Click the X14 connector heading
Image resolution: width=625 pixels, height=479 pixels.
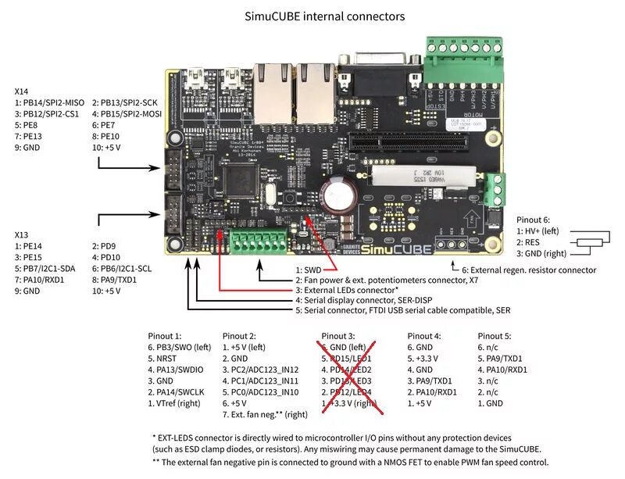tap(22, 91)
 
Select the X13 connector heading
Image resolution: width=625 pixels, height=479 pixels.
tap(22, 234)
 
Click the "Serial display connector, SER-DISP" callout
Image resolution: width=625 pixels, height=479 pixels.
tap(368, 300)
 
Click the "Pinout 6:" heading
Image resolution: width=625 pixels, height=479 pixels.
tap(534, 220)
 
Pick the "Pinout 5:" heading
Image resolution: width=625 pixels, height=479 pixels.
tap(495, 336)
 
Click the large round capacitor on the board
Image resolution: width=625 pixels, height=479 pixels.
tap(341, 192)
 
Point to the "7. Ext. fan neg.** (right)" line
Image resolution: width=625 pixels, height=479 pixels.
tap(265, 414)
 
